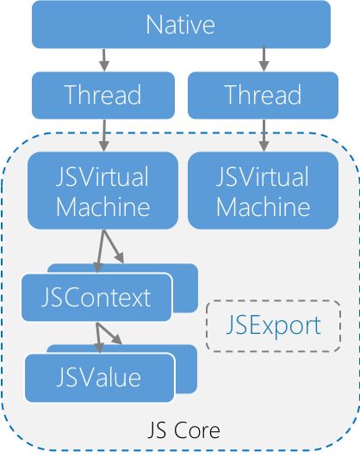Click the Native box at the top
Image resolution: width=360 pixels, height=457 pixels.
tap(181, 24)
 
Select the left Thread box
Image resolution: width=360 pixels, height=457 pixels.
tap(103, 96)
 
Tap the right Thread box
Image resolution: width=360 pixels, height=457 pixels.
tap(263, 96)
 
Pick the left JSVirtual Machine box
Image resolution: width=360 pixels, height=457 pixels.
tap(102, 190)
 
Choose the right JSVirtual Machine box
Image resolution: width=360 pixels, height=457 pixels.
tap(263, 190)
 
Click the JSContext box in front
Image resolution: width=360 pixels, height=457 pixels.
tap(96, 297)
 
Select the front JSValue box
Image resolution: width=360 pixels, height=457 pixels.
tap(100, 378)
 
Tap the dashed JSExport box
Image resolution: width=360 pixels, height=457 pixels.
tap(273, 325)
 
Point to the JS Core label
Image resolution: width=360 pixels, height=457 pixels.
tap(183, 430)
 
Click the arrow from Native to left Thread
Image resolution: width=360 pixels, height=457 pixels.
tap(104, 59)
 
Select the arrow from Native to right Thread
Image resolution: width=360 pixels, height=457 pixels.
tap(264, 59)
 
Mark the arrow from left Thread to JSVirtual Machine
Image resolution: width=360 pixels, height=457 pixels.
tap(104, 135)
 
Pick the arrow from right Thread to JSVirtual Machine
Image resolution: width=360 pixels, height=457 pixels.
tap(264, 135)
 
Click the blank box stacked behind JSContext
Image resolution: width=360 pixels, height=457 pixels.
tap(185, 288)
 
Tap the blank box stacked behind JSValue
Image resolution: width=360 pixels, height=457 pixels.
tap(186, 369)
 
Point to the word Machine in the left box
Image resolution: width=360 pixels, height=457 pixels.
tap(103, 207)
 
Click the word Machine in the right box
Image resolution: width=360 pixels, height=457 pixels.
tap(263, 207)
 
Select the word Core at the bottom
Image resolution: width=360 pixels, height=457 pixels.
tap(197, 430)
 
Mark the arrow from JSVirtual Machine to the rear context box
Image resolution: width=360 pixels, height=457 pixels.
tap(113, 246)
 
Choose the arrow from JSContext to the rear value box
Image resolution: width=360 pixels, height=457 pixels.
tap(109, 333)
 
